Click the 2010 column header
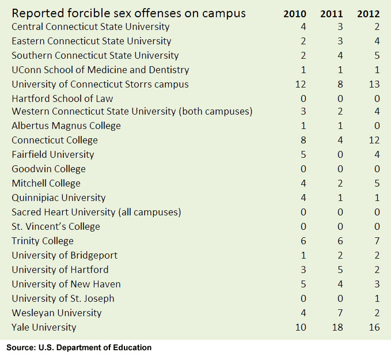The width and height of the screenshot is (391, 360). pyautogui.click(x=295, y=14)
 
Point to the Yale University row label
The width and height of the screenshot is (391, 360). pyautogui.click(x=44, y=327)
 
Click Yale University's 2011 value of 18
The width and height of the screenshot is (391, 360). pyautogui.click(x=339, y=327)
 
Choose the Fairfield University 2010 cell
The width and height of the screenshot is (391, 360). pyautogui.click(x=302, y=154)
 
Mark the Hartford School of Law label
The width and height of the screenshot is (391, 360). pyautogui.click(x=63, y=98)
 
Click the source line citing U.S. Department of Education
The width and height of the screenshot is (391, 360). pyautogui.click(x=79, y=347)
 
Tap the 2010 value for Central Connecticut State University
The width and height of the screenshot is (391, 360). pyautogui.click(x=302, y=26)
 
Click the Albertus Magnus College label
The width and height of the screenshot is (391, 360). pyautogui.click(x=66, y=126)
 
